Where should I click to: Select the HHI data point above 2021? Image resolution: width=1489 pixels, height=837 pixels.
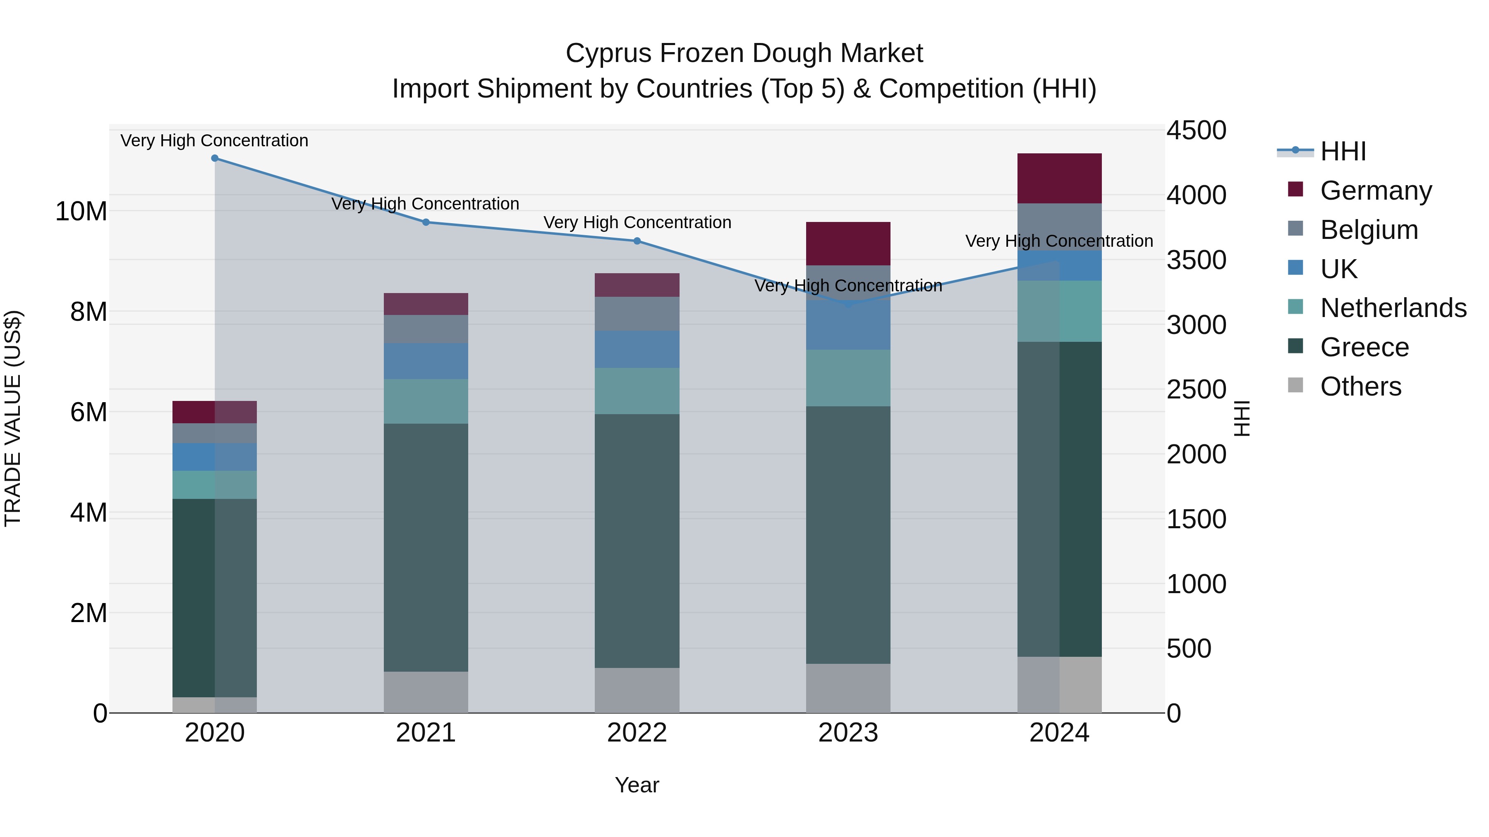pos(426,222)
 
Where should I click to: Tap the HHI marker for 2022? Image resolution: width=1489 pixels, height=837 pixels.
pos(637,241)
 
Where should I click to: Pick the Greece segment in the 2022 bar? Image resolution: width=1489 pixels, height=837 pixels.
pos(637,540)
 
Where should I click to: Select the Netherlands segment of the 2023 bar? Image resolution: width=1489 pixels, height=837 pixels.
pos(848,378)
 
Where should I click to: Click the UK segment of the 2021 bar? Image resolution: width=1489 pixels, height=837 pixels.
pos(426,361)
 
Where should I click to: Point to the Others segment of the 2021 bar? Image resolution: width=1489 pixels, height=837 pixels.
pos(426,692)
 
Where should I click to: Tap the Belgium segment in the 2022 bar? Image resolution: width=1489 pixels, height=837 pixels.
pos(637,314)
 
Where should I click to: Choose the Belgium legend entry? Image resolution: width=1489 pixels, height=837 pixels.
pos(1368,230)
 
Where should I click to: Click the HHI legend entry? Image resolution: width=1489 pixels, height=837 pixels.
pos(1342,151)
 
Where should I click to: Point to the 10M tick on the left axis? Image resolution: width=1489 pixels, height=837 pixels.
pos(81,211)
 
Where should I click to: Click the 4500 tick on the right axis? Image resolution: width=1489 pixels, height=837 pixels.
pos(1195,131)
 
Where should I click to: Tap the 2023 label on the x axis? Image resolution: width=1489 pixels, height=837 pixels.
pos(848,733)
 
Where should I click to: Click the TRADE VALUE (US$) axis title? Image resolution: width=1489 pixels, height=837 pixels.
pos(13,418)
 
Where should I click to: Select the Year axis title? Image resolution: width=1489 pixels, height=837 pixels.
pos(637,785)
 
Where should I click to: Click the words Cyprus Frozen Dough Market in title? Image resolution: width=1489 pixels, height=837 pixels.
pos(744,53)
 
